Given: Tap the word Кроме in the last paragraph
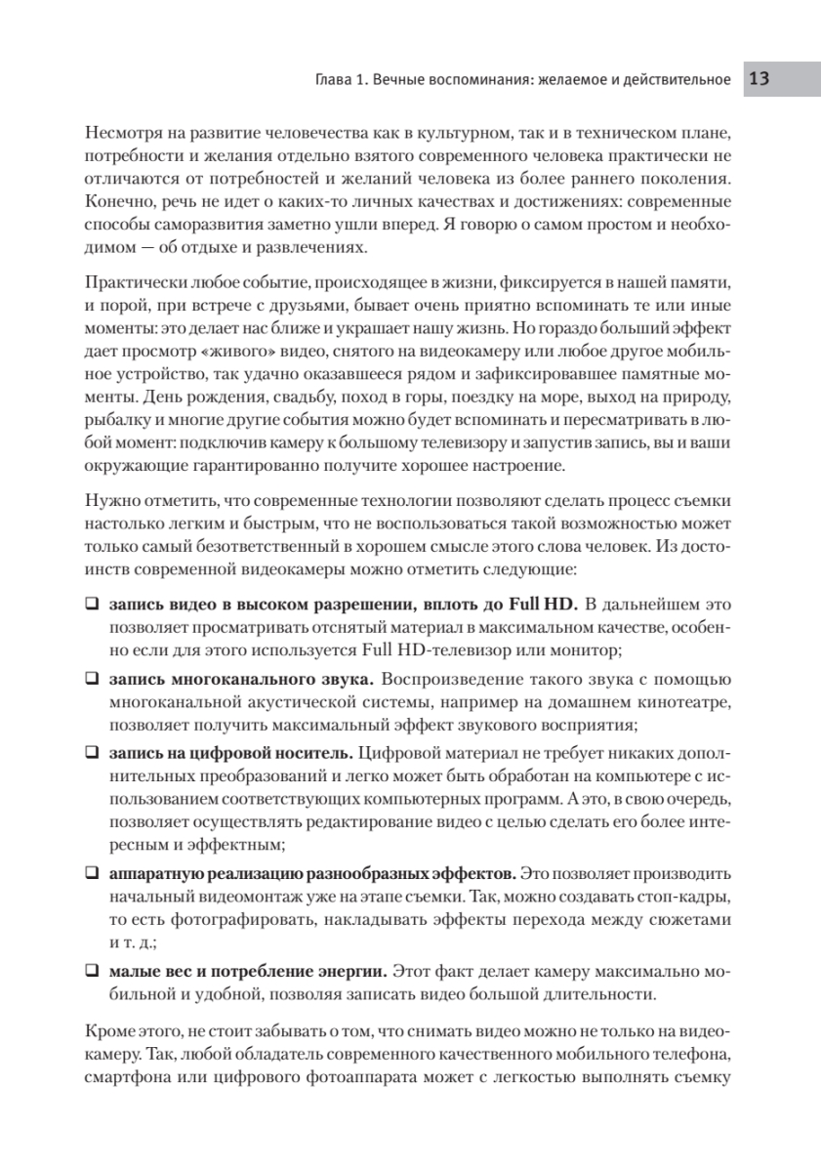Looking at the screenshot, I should click(107, 1031).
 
